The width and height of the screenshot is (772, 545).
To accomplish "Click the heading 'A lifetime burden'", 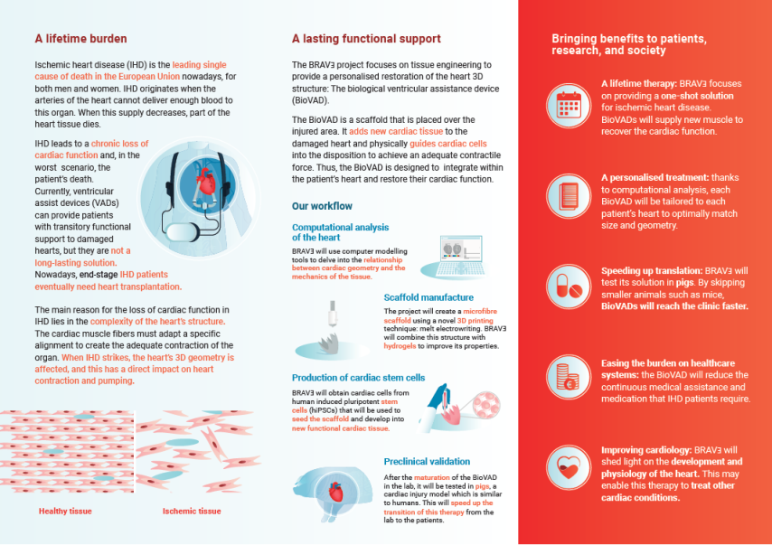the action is pos(80,39).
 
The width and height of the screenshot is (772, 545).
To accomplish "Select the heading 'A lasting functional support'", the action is pos(366,39).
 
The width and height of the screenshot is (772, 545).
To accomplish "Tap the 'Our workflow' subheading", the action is pos(322,206).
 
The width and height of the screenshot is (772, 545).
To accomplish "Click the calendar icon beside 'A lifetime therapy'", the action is pos(569,106).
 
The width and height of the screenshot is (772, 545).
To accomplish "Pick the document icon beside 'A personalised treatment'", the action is pos(569,196).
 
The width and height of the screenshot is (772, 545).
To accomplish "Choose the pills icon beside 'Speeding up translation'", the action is pos(569,287).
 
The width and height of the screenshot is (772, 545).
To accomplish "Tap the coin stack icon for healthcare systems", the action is pos(569,378).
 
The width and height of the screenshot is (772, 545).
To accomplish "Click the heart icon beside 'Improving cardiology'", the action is pos(569,467).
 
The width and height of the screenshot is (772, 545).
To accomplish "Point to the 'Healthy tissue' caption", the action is pos(65,511).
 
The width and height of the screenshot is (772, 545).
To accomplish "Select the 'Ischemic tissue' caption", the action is pos(192,511).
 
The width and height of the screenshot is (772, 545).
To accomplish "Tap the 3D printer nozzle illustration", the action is pos(333,314).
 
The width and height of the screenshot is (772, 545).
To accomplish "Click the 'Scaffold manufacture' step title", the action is pos(428,297).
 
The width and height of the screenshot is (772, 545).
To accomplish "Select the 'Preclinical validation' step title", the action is pos(427,461).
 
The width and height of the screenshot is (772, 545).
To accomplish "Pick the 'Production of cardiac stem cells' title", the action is pos(358,378).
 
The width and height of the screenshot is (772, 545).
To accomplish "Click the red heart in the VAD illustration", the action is pos(206,182).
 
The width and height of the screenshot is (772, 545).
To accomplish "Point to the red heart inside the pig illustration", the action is pos(335,492).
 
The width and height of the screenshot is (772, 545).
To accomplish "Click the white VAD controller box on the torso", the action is pos(183,232).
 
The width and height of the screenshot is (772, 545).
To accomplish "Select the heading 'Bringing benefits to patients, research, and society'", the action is pos(629,45).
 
